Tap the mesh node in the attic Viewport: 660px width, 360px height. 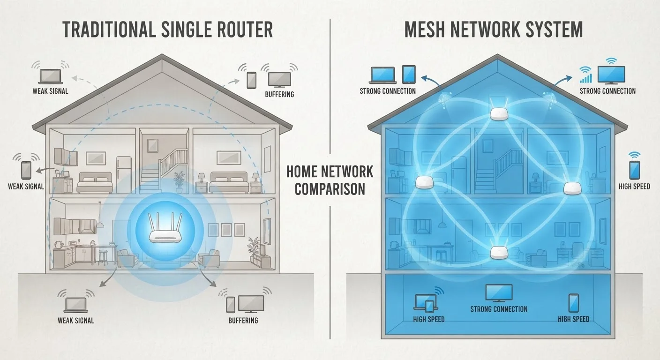499,114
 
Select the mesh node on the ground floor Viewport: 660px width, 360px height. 499,253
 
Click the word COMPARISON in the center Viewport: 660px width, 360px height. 330,189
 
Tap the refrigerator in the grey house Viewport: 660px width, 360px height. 124,174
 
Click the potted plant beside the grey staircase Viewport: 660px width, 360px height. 179,182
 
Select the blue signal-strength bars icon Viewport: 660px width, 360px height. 586,78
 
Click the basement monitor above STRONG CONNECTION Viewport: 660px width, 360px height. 499,293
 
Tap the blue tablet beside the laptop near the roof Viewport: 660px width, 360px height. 409,74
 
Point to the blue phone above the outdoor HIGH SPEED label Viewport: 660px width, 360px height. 634,170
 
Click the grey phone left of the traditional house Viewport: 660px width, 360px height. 26,170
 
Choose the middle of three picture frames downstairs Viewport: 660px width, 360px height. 226,230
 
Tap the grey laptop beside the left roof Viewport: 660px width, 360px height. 50,76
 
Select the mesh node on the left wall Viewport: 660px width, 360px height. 424,182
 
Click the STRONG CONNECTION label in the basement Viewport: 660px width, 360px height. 499,309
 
